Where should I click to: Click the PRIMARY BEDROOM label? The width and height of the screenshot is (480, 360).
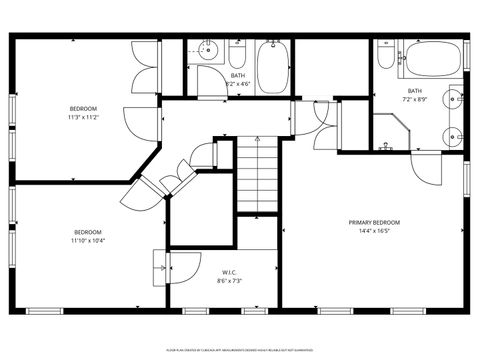pos(374,222)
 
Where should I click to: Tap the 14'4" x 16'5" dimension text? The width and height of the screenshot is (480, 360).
pos(374,231)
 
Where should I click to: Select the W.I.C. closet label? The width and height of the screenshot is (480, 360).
pos(227,271)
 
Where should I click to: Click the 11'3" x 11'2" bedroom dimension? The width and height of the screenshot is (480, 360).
pos(83,117)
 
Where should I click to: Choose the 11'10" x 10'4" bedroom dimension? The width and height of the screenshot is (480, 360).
pos(88,240)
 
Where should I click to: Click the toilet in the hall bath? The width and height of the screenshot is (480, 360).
pos(237,50)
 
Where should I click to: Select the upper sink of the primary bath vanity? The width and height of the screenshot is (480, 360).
pos(456,98)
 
